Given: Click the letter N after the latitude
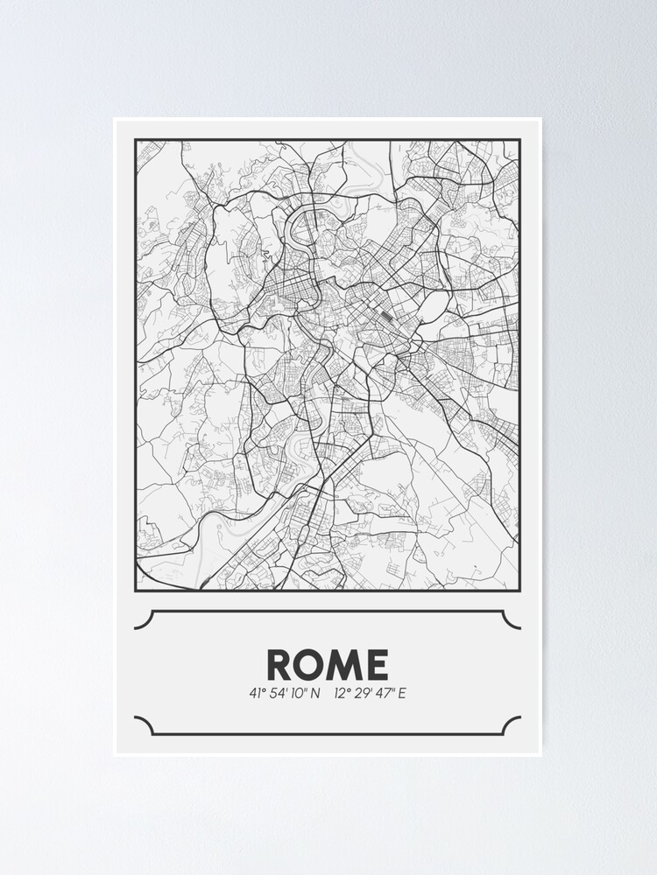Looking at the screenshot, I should [x=315, y=694].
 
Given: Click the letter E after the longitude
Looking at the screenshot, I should [x=403, y=694].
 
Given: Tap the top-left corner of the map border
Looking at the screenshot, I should [x=136, y=140].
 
